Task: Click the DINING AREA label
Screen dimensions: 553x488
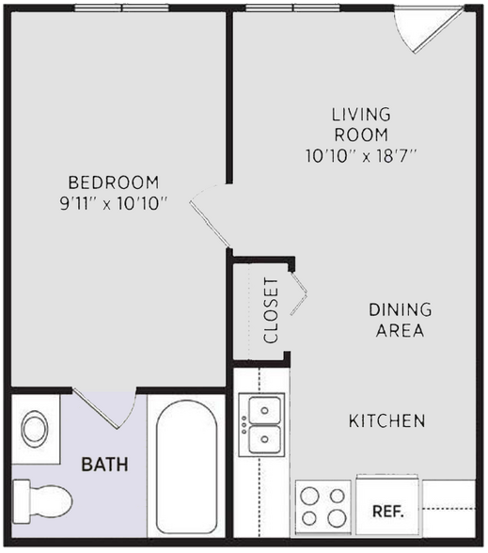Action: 400,320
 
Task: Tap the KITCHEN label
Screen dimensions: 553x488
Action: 387,420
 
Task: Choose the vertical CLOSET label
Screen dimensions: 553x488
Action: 271,309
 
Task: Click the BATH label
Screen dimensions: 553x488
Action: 104,464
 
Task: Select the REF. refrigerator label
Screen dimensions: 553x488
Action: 387,513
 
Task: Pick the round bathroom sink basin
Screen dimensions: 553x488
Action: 37,429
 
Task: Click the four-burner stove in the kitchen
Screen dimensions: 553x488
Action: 323,508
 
